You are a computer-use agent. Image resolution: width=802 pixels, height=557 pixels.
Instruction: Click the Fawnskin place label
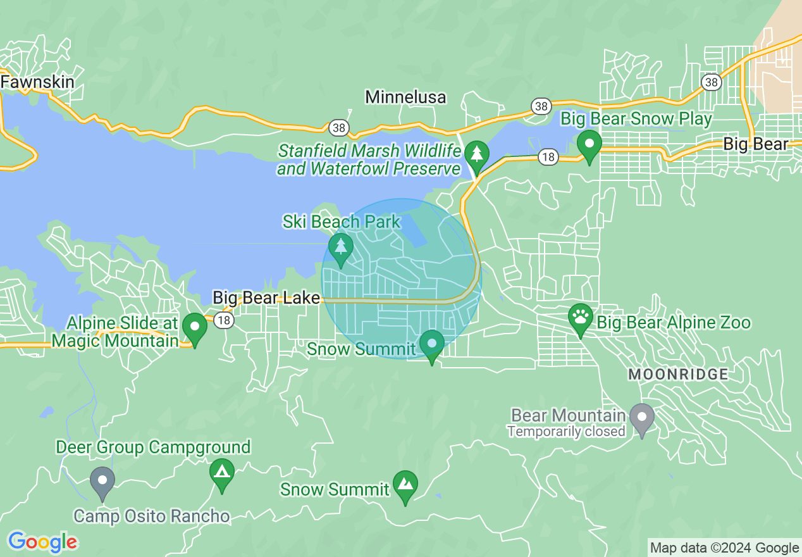pyautogui.click(x=37, y=82)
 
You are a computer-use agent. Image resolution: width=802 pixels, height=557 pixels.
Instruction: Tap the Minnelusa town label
pyautogui.click(x=405, y=97)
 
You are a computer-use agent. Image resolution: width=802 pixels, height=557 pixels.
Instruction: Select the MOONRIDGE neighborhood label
pyautogui.click(x=678, y=374)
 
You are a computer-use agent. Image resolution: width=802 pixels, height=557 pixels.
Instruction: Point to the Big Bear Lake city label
pyautogui.click(x=266, y=297)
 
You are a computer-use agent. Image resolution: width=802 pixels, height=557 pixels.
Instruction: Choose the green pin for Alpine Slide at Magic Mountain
pyautogui.click(x=194, y=328)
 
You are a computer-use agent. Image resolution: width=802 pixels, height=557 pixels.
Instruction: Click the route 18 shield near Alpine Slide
pyautogui.click(x=223, y=320)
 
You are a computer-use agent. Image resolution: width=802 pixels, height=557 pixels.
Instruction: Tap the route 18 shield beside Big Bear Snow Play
pyautogui.click(x=548, y=157)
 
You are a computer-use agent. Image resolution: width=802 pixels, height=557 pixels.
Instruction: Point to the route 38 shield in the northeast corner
pyautogui.click(x=711, y=81)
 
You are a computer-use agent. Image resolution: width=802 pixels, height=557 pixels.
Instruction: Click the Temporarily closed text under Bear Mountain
pyautogui.click(x=566, y=432)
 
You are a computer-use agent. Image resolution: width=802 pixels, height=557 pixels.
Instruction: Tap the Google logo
pyautogui.click(x=42, y=542)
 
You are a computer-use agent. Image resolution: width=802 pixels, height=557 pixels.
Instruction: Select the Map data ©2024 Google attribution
pyautogui.click(x=725, y=548)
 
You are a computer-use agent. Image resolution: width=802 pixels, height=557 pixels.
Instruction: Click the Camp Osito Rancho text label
pyautogui.click(x=152, y=516)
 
